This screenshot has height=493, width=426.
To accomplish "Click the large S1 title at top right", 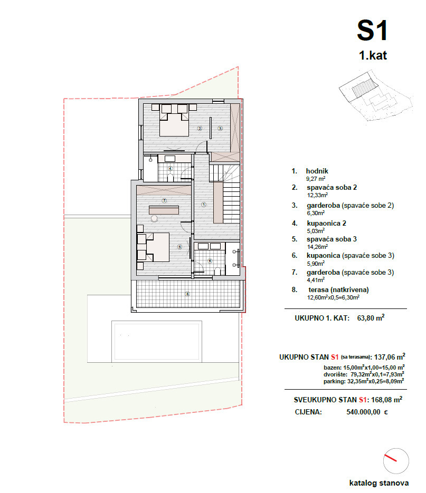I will (373, 30).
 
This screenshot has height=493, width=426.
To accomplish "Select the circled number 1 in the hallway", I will (203, 204).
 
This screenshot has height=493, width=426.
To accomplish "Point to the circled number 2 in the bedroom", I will (200, 128).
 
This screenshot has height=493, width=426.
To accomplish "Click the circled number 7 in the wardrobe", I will (164, 200).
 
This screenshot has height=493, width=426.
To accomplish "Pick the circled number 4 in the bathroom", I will (170, 169).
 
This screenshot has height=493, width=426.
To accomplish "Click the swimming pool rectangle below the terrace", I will (158, 341).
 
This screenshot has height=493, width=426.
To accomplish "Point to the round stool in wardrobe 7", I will (154, 218).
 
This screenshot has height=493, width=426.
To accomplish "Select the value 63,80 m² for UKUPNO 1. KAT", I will (371, 318).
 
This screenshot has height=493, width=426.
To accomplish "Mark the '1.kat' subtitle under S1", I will (373, 55).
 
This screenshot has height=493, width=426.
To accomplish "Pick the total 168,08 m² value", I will (385, 400).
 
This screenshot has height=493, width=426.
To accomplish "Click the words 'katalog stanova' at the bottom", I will (378, 483).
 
